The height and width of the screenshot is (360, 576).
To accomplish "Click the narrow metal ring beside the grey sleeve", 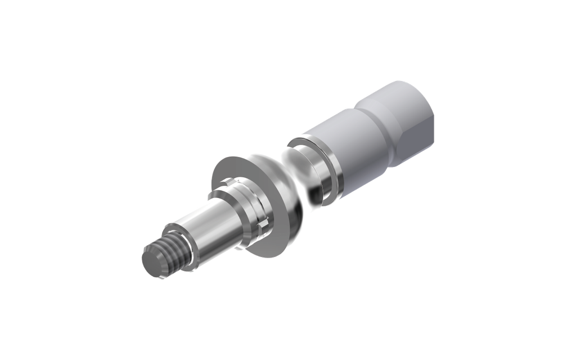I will pos(332,172).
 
